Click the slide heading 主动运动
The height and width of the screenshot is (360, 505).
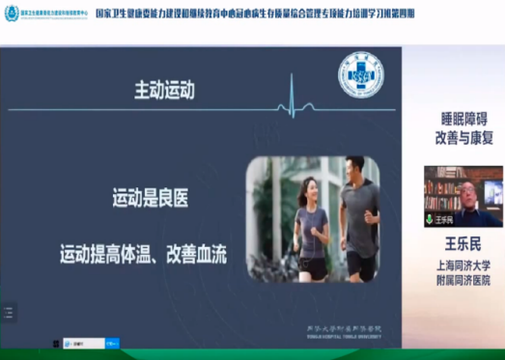pyautogui.click(x=164, y=91)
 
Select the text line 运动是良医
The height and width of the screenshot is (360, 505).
pyautogui.click(x=151, y=200)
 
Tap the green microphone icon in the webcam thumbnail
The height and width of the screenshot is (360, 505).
pyautogui.click(x=430, y=219)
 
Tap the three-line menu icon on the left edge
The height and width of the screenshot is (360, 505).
pyautogui.click(x=8, y=312)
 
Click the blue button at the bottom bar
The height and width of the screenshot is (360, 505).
pyautogui.click(x=112, y=342)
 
